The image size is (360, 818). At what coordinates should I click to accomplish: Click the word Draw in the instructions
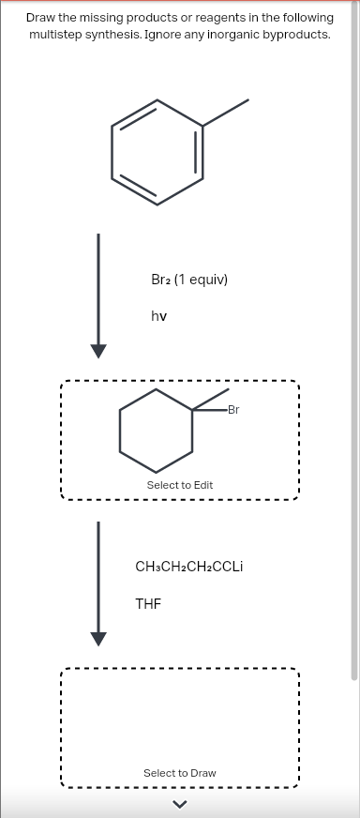tap(42, 18)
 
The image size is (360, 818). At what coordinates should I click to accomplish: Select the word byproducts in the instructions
tap(300, 34)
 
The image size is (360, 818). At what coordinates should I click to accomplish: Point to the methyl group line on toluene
tap(226, 110)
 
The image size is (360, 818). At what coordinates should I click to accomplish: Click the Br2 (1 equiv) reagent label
tap(189, 280)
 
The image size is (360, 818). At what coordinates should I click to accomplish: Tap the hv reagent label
tap(158, 316)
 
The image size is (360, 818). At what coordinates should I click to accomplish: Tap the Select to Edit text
tap(179, 485)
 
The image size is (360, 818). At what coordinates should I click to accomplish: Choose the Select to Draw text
tap(179, 773)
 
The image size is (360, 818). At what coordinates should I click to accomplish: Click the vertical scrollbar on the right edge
tap(353, 375)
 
